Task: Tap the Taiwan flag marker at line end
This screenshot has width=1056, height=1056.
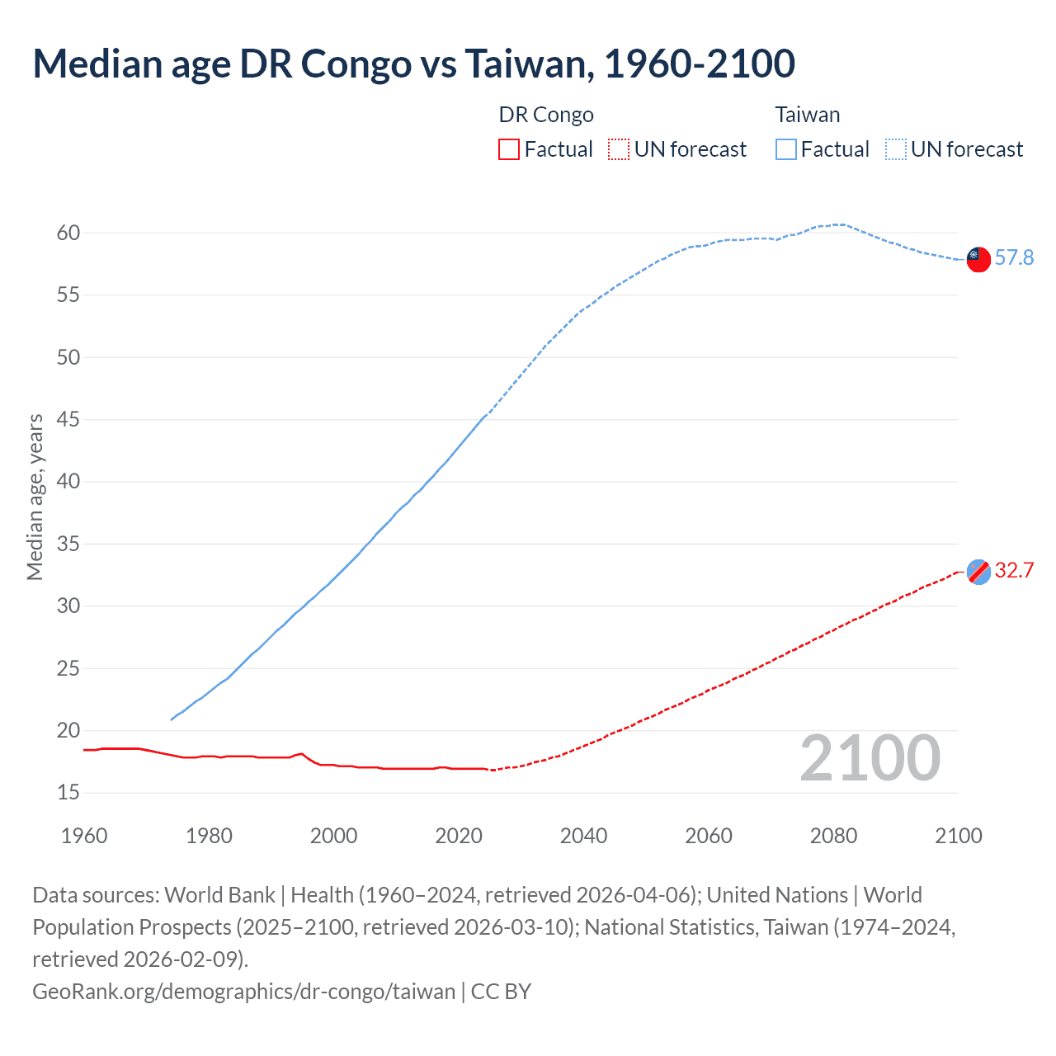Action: (x=978, y=258)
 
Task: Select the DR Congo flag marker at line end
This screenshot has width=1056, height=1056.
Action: (x=978, y=571)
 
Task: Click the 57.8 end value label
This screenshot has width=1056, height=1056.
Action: (x=1014, y=258)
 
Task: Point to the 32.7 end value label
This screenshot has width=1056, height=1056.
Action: (x=1014, y=571)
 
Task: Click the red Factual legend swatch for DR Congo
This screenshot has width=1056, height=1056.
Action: (x=509, y=149)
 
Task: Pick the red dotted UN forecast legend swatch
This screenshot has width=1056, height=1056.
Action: (x=619, y=149)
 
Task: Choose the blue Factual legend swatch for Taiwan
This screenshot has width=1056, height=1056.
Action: (x=786, y=149)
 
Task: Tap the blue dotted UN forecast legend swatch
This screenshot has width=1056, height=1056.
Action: (x=896, y=149)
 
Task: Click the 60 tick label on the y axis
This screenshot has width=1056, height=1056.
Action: (x=68, y=233)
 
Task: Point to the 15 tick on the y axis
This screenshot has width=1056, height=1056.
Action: (x=68, y=793)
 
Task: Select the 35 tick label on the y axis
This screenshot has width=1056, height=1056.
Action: (x=68, y=544)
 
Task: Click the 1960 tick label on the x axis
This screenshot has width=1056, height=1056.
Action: (x=84, y=836)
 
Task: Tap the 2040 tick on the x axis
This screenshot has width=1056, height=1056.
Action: (x=584, y=836)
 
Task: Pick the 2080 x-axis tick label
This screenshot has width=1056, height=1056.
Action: (x=833, y=836)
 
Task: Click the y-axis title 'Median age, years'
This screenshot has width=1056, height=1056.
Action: (x=35, y=497)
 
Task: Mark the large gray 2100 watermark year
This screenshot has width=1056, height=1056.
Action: (x=870, y=758)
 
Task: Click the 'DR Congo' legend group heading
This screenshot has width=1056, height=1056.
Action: (x=546, y=115)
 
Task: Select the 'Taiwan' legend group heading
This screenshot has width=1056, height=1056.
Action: (x=808, y=115)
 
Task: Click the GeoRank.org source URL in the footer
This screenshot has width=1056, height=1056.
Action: (x=243, y=991)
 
